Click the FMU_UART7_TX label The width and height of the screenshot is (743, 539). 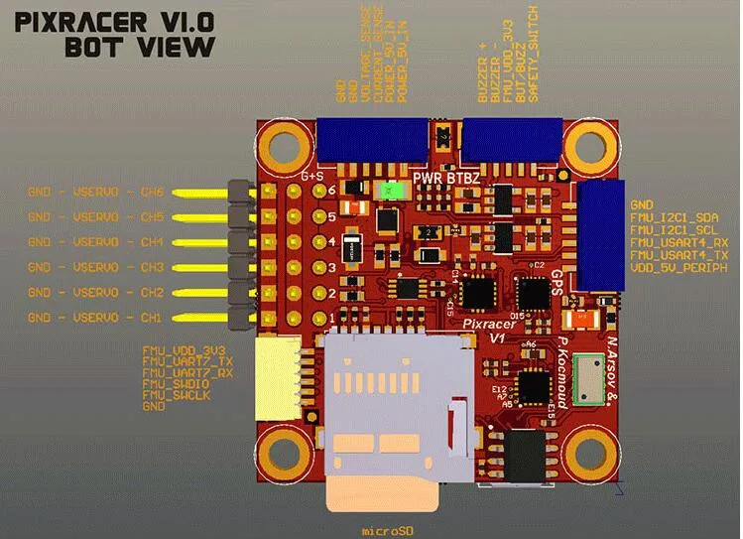(x=185, y=362)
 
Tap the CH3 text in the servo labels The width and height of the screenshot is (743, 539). (x=152, y=267)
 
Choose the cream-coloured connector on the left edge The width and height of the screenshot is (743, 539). (x=270, y=378)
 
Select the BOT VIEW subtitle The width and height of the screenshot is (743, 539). (x=139, y=46)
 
